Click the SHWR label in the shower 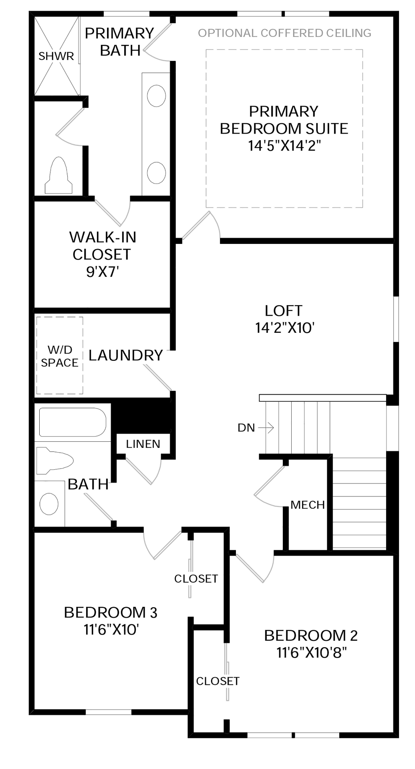point(56,56)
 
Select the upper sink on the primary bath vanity point(156,96)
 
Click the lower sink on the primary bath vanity point(156,173)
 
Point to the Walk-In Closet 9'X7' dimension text point(103,272)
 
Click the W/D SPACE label point(60,356)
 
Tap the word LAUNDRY point(125,355)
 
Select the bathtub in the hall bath point(73,422)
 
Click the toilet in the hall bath point(55,461)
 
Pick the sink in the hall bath point(49,504)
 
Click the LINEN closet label point(143,444)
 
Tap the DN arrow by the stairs point(266,428)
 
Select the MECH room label point(308,505)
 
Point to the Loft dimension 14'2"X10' point(285,328)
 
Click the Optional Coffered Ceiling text point(284,33)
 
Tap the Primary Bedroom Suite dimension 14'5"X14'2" point(284,145)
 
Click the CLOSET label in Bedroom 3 point(196,579)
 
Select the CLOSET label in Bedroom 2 point(218,681)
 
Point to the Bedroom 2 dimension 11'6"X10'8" point(311,653)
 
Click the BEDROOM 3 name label point(111,612)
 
